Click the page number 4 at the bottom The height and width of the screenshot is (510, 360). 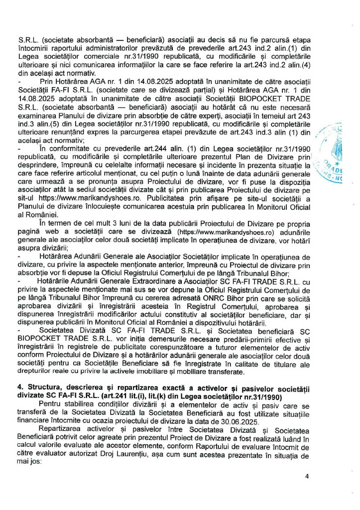pos(307,476)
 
